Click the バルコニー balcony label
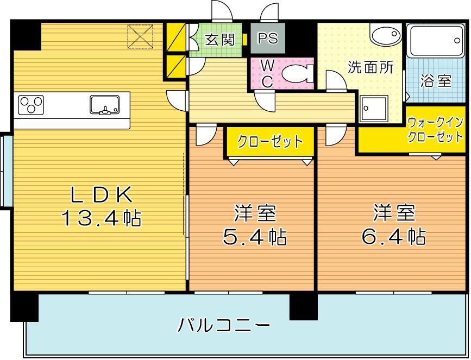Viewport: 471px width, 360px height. click(224, 326)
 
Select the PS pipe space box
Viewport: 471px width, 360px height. click(267, 39)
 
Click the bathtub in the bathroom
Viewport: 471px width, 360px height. click(435, 40)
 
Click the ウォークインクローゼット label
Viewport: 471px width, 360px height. click(436, 129)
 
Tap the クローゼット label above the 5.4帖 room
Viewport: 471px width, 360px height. click(269, 142)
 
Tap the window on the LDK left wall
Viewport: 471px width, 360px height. click(7, 170)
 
